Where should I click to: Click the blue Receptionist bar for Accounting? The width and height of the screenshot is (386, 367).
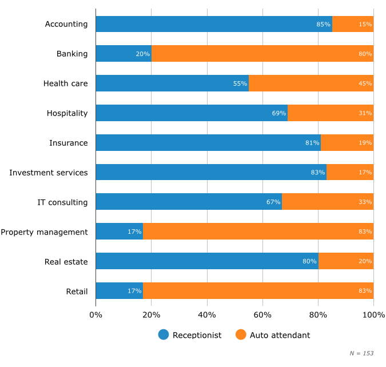coord(214,24)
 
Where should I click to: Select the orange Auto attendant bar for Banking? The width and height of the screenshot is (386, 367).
coord(262,54)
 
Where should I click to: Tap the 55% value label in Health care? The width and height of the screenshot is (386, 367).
coord(240,83)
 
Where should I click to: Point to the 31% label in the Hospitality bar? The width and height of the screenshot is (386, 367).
coord(365,113)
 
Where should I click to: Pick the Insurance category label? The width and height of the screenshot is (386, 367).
coord(68,143)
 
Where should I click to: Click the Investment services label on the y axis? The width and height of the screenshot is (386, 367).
coord(49,172)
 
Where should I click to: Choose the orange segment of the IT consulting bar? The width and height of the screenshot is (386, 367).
coord(327,202)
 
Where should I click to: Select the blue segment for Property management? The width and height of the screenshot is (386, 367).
coord(119,232)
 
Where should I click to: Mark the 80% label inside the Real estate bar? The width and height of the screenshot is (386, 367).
coord(309,261)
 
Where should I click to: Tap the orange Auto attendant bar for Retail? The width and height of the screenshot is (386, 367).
coord(258,291)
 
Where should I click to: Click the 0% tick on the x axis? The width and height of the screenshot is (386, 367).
coord(95,315)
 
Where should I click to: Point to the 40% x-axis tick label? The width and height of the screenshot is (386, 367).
coord(207,315)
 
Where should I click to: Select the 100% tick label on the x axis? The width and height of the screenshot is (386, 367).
coord(373,315)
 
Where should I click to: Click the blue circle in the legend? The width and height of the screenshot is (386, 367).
coord(164,335)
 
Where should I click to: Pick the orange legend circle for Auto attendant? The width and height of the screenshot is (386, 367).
coord(241,335)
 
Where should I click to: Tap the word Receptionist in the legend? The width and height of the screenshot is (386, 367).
coord(197,336)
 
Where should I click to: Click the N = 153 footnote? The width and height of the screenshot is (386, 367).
coord(361,353)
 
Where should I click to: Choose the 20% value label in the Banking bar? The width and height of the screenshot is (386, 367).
coord(142,54)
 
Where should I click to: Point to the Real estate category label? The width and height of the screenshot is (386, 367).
coord(66,262)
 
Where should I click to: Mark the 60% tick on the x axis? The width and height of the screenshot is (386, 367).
coord(262,315)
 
